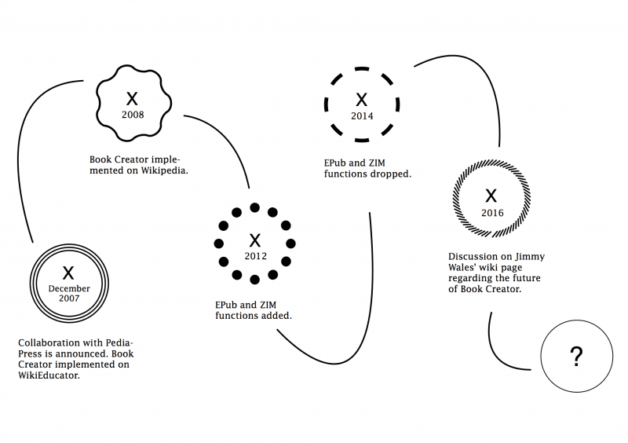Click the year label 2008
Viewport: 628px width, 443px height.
[x=133, y=115]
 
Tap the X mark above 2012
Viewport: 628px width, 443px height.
[x=254, y=240]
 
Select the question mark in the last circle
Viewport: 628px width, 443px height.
[x=576, y=357]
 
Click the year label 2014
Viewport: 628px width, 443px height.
[x=362, y=116]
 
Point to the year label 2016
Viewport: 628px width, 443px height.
[x=492, y=213]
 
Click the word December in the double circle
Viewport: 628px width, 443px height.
[x=69, y=288]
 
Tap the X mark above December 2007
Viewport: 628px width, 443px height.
[x=68, y=273]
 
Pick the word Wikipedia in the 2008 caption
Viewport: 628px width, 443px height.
[x=164, y=170]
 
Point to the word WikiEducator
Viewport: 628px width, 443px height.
[x=49, y=375]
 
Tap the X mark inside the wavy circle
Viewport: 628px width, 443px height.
[x=132, y=99]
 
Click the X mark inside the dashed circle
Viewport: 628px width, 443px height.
[x=362, y=100]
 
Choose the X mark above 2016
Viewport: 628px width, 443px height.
[x=491, y=196]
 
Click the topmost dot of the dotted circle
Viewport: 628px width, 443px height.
[x=254, y=207]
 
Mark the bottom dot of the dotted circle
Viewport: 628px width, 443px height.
[x=254, y=280]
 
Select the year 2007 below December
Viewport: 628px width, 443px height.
[x=69, y=298]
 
